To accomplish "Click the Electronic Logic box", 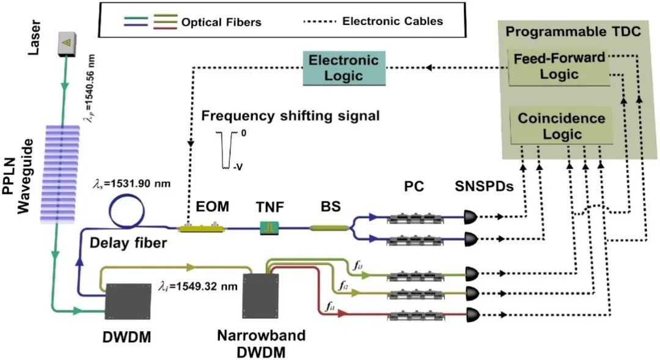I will click(344, 68).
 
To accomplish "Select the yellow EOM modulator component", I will click(200, 229).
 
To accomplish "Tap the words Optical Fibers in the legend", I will click(221, 22).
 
